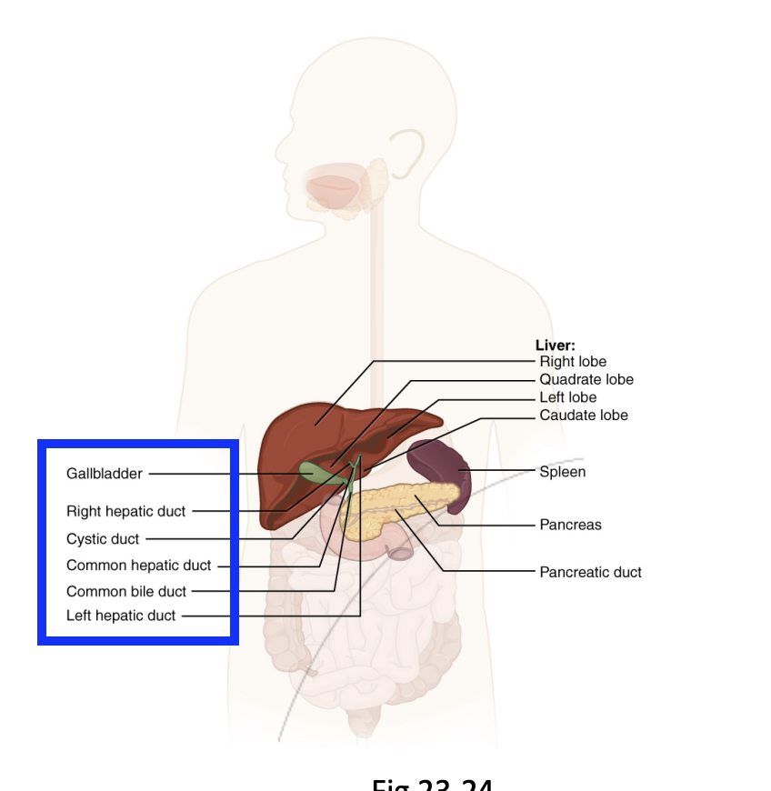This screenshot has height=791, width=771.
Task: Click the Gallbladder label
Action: click(x=104, y=474)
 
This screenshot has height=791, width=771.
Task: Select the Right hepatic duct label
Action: click(x=125, y=511)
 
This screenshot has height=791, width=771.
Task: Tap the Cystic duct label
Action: click(x=103, y=539)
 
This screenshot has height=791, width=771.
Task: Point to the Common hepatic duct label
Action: click(x=138, y=566)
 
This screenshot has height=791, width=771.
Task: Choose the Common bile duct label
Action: click(x=125, y=591)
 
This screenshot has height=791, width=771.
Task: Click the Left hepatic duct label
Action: click(x=121, y=616)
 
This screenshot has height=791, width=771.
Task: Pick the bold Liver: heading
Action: click(x=555, y=345)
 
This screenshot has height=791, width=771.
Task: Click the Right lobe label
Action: click(x=573, y=362)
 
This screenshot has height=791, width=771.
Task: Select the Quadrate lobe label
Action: click(x=586, y=379)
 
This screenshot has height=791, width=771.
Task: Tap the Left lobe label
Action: click(x=568, y=397)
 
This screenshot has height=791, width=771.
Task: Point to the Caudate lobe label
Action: click(x=584, y=416)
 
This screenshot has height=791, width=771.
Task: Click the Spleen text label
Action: click(x=563, y=472)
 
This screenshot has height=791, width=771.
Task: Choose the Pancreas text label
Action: click(x=570, y=525)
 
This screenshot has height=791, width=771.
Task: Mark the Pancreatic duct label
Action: click(x=590, y=572)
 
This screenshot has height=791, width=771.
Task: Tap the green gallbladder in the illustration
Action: click(x=315, y=471)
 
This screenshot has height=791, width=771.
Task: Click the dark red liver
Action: click(x=300, y=436)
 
